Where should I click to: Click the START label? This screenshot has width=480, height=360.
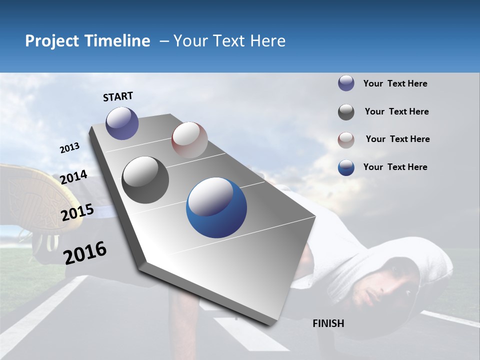point(118,96)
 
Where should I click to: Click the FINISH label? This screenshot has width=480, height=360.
point(328,323)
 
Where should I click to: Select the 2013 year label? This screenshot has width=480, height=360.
point(69,148)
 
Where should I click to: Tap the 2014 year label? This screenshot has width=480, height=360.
point(73,177)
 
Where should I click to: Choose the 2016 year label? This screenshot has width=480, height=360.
point(85,252)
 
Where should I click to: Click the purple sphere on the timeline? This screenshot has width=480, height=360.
point(122,123)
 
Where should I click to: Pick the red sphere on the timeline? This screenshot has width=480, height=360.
point(189,139)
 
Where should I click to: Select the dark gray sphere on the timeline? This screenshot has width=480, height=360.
point(145,180)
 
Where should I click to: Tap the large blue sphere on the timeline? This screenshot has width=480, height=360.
point(216,207)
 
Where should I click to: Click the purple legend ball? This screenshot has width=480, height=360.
point(346,83)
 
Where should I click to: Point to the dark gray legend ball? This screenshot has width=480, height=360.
point(346,112)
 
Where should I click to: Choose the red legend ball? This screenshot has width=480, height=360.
point(346,139)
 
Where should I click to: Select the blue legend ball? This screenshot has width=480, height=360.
point(346,167)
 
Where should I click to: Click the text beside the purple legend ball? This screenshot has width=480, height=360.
point(395,83)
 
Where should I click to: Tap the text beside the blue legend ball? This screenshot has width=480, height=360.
point(395,167)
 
